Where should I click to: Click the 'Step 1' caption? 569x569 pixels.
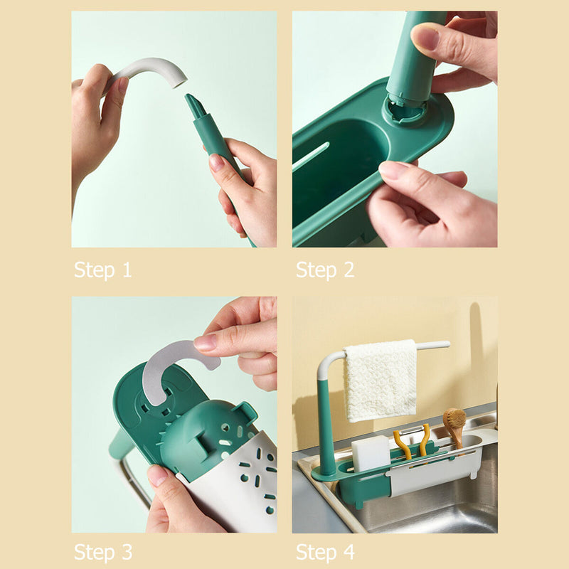pyautogui.click(x=103, y=270)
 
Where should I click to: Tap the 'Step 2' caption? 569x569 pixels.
pyautogui.click(x=325, y=270)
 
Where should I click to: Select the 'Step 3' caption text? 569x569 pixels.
pyautogui.click(x=103, y=552)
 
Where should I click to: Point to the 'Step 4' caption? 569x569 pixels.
pyautogui.click(x=325, y=552)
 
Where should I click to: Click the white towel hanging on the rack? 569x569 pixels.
pyautogui.click(x=380, y=380)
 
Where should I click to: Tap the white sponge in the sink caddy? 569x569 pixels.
pyautogui.click(x=371, y=453)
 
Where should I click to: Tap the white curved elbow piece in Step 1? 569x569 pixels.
pyautogui.click(x=153, y=70)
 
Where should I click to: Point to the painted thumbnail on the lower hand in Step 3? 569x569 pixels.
pyautogui.click(x=157, y=475)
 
